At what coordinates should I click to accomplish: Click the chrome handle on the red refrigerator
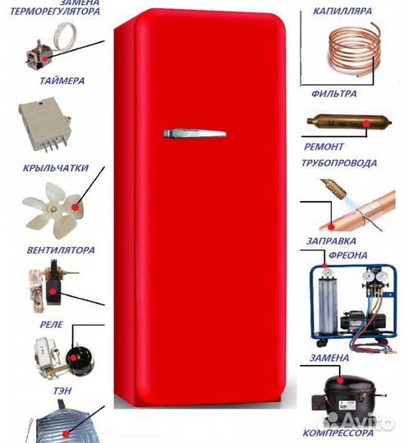coord(195,134)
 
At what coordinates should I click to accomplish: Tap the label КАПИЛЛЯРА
coord(342,11)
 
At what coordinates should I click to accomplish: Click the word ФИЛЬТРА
coord(334,94)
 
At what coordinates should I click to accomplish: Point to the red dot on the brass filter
coord(367,124)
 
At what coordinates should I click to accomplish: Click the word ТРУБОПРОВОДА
coord(339,163)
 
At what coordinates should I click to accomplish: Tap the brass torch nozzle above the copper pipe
coord(333,189)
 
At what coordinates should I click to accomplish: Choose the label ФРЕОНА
coord(348,255)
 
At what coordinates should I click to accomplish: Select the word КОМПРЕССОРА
coord(337,433)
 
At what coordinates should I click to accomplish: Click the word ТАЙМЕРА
coord(62,80)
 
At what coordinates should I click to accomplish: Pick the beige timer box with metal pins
coord(44,123)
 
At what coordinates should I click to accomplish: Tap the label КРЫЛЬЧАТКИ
coord(56,168)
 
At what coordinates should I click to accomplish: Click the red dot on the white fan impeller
coord(76,207)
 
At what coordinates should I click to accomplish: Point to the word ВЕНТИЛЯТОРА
coord(61,250)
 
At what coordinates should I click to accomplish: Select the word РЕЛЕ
coord(51,324)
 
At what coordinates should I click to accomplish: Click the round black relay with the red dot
coord(79,359)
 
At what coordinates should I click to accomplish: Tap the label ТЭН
coord(62,391)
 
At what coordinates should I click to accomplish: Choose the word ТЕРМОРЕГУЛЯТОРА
coord(55,11)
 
